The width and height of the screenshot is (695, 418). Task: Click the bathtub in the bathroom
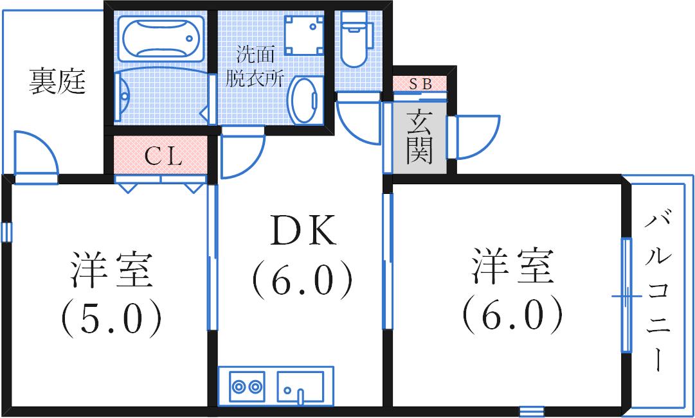coord(161,39)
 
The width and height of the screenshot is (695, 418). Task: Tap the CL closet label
coord(161,156)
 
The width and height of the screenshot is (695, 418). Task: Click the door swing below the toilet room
coord(357,119)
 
